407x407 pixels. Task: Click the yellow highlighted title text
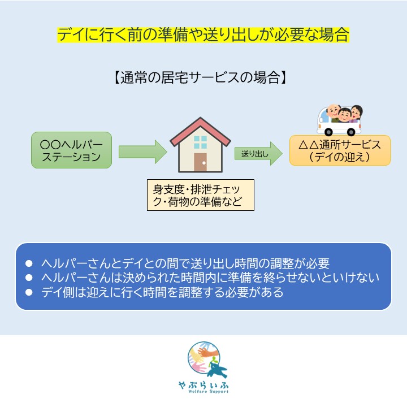tap(203, 35)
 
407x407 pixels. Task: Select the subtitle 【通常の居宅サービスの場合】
tap(200, 77)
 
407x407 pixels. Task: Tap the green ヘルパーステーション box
tap(71, 150)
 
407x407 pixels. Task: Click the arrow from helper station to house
tap(143, 152)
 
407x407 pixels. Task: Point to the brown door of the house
tap(200, 162)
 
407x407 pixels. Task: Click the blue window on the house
tap(200, 142)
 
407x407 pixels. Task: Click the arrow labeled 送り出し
tap(258, 154)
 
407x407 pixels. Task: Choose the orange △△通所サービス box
tap(340, 150)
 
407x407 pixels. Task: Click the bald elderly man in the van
tap(334, 112)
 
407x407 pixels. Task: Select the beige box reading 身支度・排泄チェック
tap(200, 195)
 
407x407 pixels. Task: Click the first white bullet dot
tap(29, 263)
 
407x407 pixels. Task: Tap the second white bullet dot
tap(29, 278)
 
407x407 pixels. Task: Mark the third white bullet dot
tap(29, 292)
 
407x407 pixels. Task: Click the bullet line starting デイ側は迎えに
tap(162, 292)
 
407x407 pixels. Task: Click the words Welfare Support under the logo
tap(209, 391)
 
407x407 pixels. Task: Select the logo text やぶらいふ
tap(203, 385)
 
